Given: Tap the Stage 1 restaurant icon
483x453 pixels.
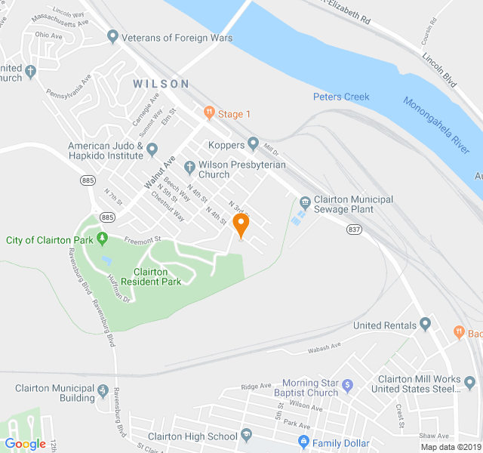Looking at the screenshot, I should (209, 114).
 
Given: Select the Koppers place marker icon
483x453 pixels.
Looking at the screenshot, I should (254, 144).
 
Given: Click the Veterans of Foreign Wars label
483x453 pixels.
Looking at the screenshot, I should (170, 38).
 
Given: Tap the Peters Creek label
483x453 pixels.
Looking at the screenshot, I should (341, 97).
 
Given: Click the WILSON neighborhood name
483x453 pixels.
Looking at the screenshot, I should (161, 84).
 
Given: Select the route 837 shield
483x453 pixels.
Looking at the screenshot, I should (355, 229).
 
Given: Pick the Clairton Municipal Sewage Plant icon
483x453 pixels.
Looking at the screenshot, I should (305, 201).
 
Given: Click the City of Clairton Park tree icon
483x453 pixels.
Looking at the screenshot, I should (103, 240).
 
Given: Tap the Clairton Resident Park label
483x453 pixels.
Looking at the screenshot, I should (157, 276).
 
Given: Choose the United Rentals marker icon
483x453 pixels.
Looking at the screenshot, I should (425, 325).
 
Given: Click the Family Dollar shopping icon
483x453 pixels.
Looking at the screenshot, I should (303, 441).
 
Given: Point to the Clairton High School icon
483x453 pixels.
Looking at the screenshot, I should (246, 436).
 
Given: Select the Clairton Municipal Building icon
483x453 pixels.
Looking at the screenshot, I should (103, 393).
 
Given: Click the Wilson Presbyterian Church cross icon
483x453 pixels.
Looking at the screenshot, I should (189, 165).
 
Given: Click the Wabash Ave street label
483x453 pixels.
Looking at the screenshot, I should (325, 347).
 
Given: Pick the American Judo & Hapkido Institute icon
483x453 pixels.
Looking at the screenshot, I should (152, 149).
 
